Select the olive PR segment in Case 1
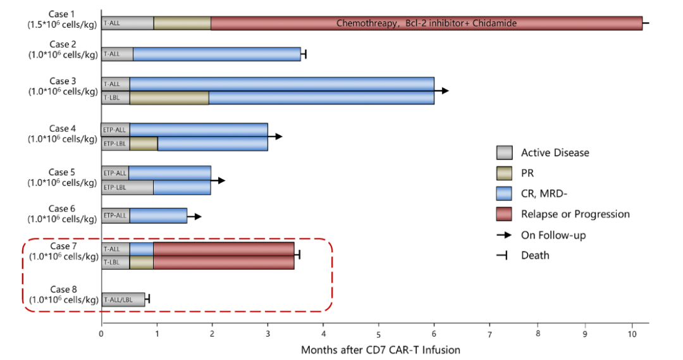[x=182, y=23]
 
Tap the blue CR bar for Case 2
[x=216, y=54]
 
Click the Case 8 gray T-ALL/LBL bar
[x=123, y=299]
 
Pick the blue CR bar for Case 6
[x=158, y=216]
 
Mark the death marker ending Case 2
[x=305, y=54]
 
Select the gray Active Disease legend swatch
[x=505, y=152]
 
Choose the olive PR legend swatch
[x=505, y=173]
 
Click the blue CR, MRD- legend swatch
[x=505, y=194]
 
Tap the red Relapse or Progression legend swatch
[x=505, y=214]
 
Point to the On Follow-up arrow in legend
[x=505, y=235]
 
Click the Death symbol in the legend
[x=505, y=255]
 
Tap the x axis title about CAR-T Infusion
[x=380, y=349]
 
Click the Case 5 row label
[x=63, y=177]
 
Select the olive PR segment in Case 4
[x=144, y=144]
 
